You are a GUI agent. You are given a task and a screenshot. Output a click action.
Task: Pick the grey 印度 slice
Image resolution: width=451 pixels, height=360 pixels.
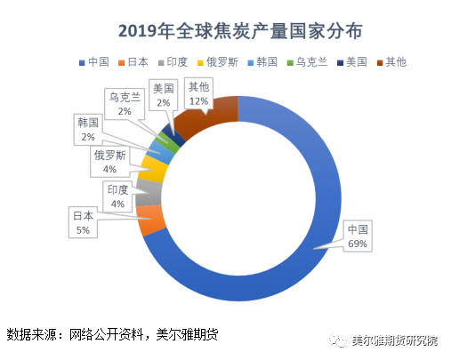click(x=149, y=189)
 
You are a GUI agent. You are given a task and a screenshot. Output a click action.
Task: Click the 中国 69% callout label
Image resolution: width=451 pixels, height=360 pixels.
click(x=358, y=236)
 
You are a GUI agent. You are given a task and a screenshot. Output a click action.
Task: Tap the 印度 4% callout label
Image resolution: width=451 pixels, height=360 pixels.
click(x=118, y=196)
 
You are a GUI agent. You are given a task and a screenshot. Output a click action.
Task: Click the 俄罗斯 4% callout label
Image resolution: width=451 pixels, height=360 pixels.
click(x=109, y=162)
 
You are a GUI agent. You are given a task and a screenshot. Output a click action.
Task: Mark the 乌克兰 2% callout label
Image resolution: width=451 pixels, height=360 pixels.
click(x=124, y=103)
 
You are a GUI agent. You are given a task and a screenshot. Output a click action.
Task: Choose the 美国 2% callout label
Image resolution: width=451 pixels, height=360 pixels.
click(x=163, y=95)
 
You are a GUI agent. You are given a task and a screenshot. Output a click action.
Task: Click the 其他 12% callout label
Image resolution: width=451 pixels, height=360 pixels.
click(x=198, y=92)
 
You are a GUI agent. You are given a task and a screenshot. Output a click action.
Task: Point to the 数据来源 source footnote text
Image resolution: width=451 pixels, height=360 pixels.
click(x=112, y=335)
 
